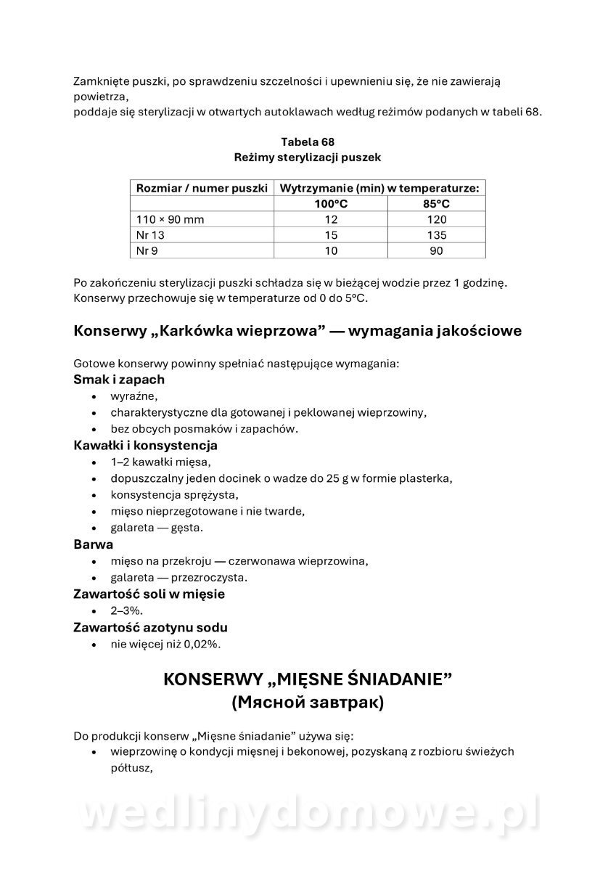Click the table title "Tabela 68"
pyautogui.click(x=307, y=141)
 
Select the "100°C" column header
pyautogui.click(x=331, y=204)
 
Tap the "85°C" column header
pyautogui.click(x=436, y=204)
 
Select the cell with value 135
pyautogui.click(x=436, y=235)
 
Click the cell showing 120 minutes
pyautogui.click(x=436, y=219)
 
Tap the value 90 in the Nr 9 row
pyautogui.click(x=436, y=250)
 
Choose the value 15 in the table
pyautogui.click(x=331, y=235)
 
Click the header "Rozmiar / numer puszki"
pyautogui.click(x=202, y=188)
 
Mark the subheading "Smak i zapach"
pyautogui.click(x=119, y=380)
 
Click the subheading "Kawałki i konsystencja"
pyautogui.click(x=145, y=446)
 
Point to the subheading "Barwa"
pyautogui.click(x=94, y=544)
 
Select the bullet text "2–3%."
pyautogui.click(x=127, y=611)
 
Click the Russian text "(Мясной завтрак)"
pyautogui.click(x=308, y=703)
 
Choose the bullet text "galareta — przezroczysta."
pyautogui.click(x=179, y=578)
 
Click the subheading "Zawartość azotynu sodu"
pyautogui.click(x=150, y=627)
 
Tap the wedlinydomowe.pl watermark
pyautogui.click(x=308, y=814)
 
